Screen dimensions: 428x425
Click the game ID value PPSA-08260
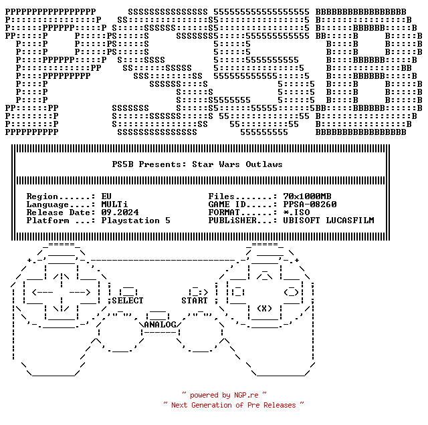coord(310,204)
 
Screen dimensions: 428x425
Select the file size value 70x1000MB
coord(307,196)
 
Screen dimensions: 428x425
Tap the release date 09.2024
coord(120,212)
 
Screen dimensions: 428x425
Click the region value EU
coord(106,196)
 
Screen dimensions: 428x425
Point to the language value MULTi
coord(114,204)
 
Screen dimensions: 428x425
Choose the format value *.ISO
coord(296,212)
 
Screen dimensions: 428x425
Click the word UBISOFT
coord(302,221)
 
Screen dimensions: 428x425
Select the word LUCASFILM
coord(350,221)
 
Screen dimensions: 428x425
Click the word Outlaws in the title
coord(264,164)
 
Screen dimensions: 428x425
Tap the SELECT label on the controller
coord(128,301)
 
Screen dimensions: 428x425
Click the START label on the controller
coord(195,301)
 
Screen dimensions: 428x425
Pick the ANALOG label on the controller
coord(160,325)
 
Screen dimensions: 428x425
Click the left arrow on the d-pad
coord(42,293)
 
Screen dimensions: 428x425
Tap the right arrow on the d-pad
coord(80,293)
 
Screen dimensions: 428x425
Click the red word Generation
coord(211,405)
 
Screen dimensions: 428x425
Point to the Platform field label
coord(47,221)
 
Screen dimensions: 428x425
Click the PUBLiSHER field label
coord(232,221)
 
